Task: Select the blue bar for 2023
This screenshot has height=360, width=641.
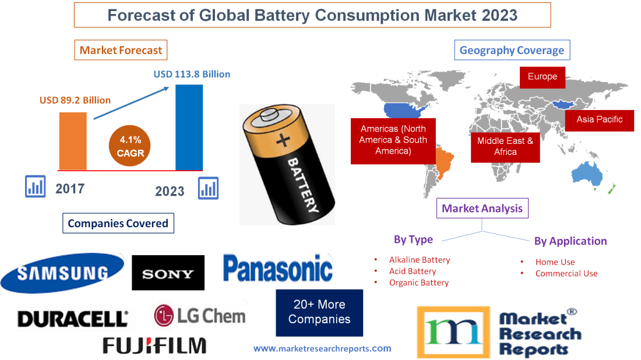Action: coord(189,127)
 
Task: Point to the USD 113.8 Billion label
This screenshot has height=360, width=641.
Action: coord(192,74)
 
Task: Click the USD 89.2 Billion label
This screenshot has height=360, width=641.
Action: coord(75,100)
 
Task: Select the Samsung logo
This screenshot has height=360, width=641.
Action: coord(62,273)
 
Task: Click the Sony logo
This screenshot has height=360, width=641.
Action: coord(168,273)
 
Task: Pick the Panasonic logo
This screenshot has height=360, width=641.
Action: coord(278,269)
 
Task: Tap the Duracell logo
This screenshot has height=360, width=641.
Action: coord(73,319)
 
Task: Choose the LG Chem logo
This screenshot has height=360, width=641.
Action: coord(200,315)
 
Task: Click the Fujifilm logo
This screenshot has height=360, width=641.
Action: coord(154,345)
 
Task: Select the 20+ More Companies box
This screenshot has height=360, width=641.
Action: coord(319,312)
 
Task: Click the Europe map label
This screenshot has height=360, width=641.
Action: coord(542,77)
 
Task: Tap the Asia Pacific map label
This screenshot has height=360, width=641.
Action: coord(599,119)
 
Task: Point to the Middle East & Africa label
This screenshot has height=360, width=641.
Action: coord(505,146)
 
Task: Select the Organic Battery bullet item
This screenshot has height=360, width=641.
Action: coord(418,283)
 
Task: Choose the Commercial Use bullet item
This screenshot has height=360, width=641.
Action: coord(566,273)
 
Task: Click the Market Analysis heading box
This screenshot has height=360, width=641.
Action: coord(482,208)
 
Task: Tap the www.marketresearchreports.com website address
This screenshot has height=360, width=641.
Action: coord(322,348)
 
